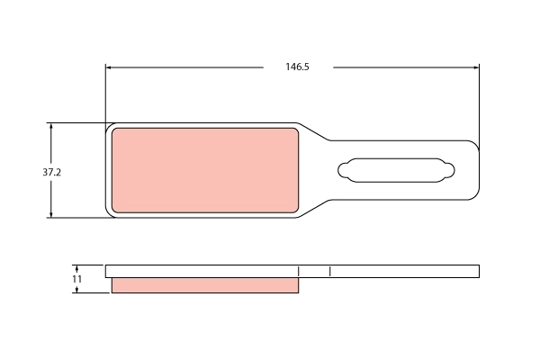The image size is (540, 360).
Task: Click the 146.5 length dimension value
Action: tap(297, 67)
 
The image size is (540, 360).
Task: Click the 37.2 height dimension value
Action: tap(51, 172)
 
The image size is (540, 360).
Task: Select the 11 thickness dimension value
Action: tap(76, 279)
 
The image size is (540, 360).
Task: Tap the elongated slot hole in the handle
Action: tap(396, 170)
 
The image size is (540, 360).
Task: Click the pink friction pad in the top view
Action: tap(205, 170)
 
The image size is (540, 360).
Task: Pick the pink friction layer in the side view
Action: tap(205, 285)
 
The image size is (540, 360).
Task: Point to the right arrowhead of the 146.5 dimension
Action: tap(476, 67)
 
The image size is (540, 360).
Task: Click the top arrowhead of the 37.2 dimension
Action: tap(51, 126)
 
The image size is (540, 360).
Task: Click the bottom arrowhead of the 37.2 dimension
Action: tap(51, 214)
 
